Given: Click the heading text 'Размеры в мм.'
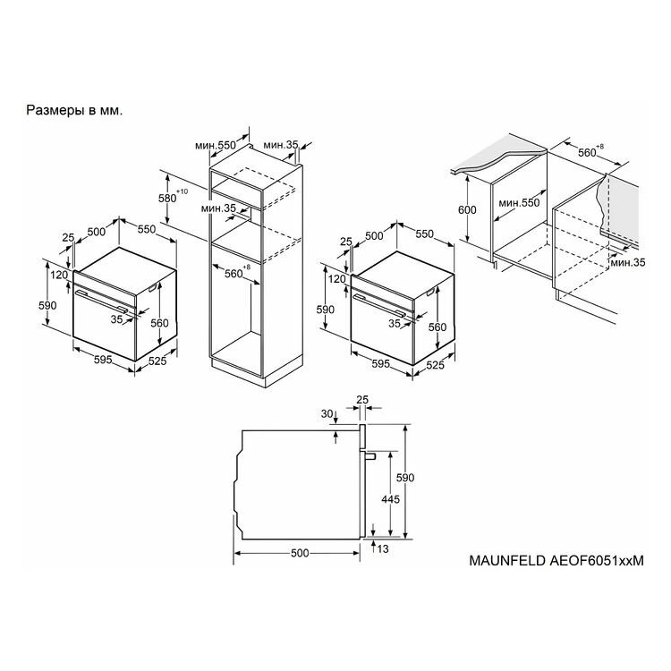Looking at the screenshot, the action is pos(74,110).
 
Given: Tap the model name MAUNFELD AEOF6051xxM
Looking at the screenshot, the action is pos(556,561).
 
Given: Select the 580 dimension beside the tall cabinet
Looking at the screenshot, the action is pos(167,199).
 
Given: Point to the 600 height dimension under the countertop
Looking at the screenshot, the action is pos(467,210).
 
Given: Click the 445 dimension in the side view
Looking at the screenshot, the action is pos(390,499).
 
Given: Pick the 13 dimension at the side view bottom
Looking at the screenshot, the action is pos(383,549).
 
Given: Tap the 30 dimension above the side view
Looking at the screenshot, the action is pos(327,414).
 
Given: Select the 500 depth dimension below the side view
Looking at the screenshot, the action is pos(300,553).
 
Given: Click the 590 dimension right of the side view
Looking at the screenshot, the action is pos(404,478).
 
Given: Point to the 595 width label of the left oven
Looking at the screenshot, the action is pos(103,360).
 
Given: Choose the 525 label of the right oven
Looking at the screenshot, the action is pos(435,365).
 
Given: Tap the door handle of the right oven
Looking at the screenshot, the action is pos(379,306).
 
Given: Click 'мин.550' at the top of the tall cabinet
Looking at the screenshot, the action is pos(216,146).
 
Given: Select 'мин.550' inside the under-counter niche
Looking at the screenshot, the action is pos(519,203).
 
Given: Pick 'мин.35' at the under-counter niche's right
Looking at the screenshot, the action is pos(628,262).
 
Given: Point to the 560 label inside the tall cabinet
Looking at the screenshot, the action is pos(234,274).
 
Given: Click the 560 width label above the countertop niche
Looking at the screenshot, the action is pos(587,153).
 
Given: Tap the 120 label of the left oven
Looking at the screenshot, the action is pos(59,276).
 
